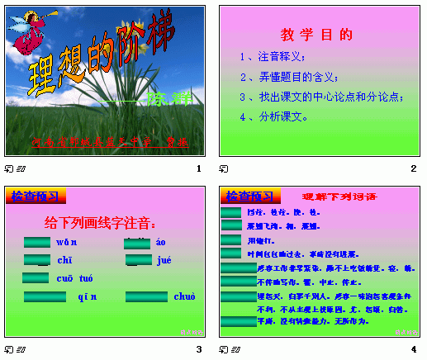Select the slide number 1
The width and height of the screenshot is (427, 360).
pos(198,168)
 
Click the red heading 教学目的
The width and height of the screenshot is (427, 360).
pos(316,35)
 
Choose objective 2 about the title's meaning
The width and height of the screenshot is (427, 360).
pos(289,77)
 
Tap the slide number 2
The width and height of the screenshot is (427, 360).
pos(413,168)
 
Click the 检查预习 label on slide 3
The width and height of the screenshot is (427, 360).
pos(35,196)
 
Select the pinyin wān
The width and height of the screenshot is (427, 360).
pos(67,243)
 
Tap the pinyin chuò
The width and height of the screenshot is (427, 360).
pos(183,296)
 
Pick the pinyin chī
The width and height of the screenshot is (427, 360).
pos(64,260)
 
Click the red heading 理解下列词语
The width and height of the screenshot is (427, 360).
pos(339,197)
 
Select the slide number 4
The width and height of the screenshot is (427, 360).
pos(413,349)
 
